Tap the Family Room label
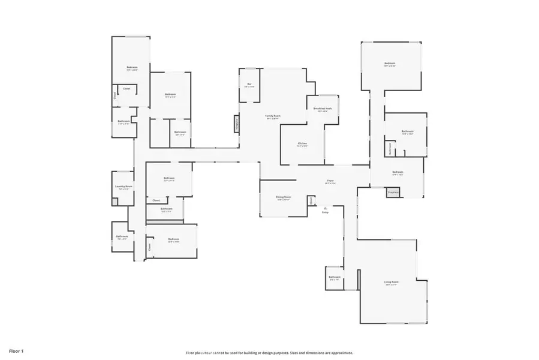[x=273, y=117]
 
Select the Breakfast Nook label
[x=322, y=109]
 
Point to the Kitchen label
[x=302, y=145]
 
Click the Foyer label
[x=329, y=182]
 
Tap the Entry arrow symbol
[x=326, y=207]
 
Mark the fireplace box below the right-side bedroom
[x=393, y=193]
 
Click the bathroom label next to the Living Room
[x=335, y=278]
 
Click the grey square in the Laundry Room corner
[x=115, y=201]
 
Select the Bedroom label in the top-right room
[x=390, y=65]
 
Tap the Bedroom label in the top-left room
[x=132, y=68]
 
